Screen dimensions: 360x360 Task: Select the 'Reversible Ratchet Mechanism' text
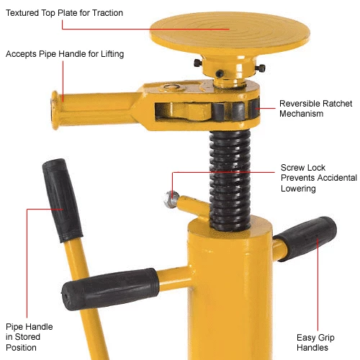[316, 108]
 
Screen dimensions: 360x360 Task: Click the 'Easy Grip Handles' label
[313, 341]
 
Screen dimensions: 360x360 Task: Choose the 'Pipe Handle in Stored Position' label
[28, 337]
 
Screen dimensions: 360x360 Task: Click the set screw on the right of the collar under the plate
[260, 68]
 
